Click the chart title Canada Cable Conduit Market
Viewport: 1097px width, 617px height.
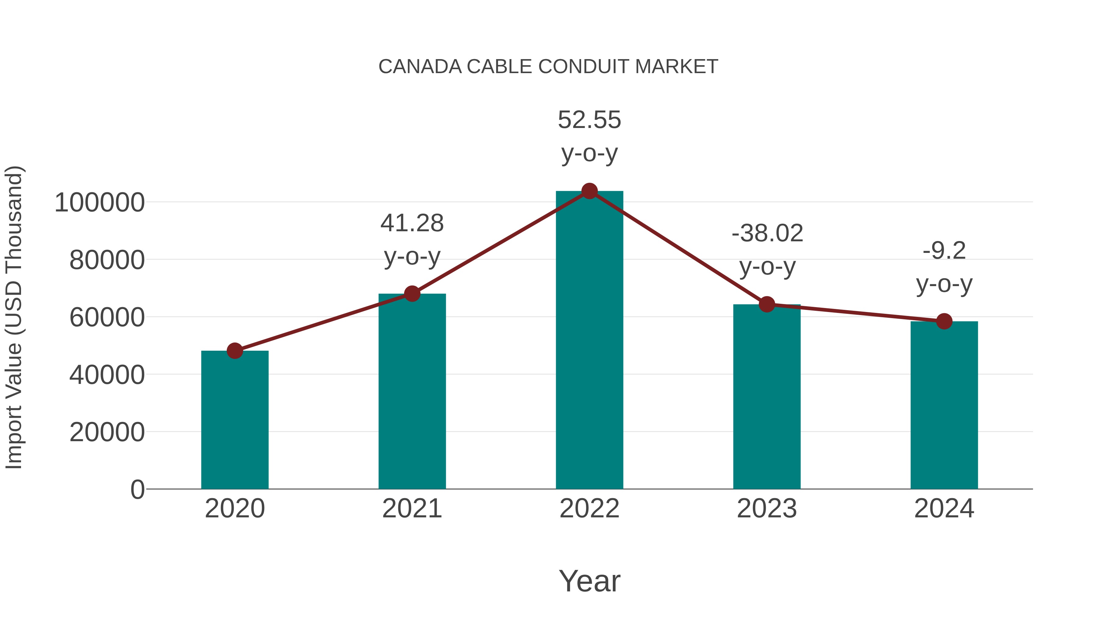click(548, 67)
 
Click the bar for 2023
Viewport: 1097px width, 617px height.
click(767, 396)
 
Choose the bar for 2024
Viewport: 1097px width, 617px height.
click(944, 405)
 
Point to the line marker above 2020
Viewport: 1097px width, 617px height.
click(235, 351)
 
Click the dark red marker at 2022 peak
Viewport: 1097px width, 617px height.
click(589, 191)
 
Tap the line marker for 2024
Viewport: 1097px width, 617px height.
click(944, 321)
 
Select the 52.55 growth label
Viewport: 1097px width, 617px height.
click(589, 120)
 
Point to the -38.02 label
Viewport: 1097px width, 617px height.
click(767, 233)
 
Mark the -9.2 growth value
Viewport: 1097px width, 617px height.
click(944, 251)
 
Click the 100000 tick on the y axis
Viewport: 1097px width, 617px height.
click(100, 203)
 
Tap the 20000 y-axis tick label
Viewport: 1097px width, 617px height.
click(107, 433)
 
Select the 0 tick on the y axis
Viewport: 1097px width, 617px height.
click(137, 490)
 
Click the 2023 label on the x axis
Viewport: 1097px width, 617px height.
click(767, 509)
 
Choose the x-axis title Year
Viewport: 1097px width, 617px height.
click(589, 581)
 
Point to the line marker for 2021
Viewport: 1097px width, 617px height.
click(412, 293)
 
